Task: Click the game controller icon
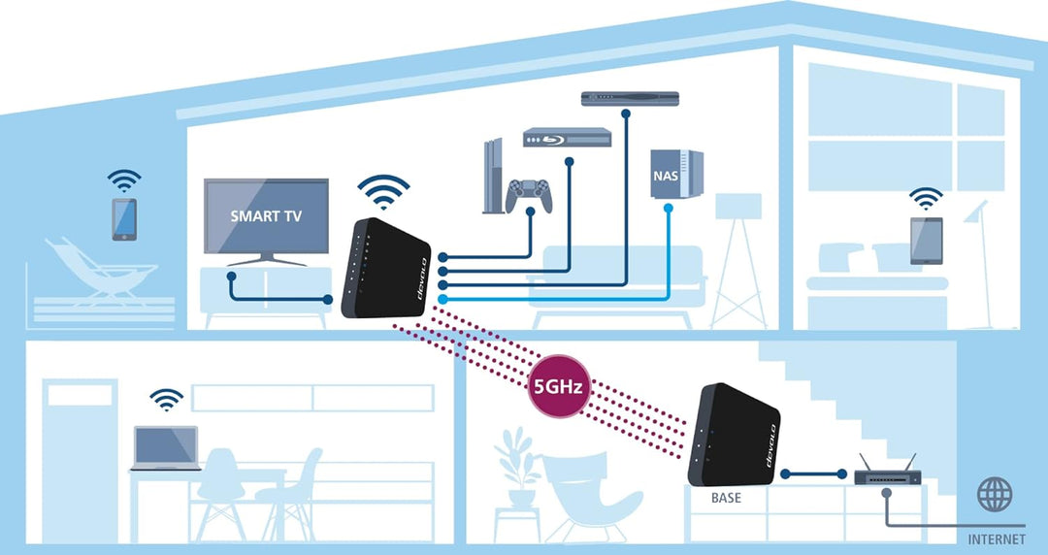[530, 194]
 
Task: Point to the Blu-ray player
[568, 139]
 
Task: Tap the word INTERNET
[997, 539]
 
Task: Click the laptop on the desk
[165, 449]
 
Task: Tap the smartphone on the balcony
[124, 219]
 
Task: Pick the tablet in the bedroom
[926, 240]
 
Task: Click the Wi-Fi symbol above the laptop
[166, 399]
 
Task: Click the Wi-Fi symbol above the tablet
[926, 199]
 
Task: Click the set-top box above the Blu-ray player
[629, 99]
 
